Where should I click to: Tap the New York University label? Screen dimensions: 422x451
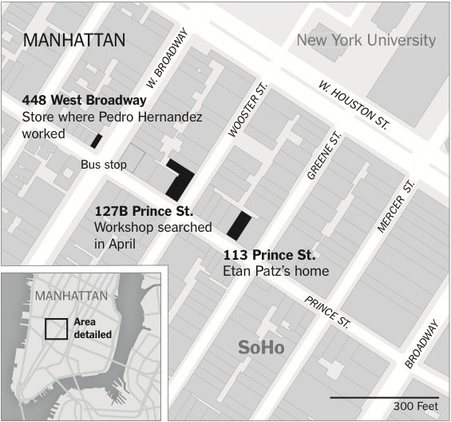[366, 40]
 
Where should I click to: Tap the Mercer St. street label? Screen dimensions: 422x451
[396, 206]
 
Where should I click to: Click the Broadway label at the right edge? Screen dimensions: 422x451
[422, 344]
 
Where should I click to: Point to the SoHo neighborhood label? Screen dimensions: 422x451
[261, 348]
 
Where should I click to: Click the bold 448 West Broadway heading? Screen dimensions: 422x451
[84, 101]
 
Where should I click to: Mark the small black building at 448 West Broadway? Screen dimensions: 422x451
[96, 141]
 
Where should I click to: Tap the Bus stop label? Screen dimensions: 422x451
[104, 165]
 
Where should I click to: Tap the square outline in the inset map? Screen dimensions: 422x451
[56, 329]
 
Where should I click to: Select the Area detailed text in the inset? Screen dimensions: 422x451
[92, 328]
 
